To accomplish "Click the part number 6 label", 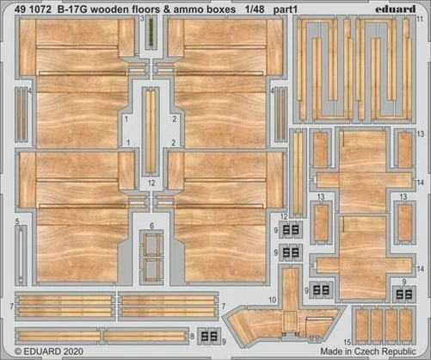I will [152, 226].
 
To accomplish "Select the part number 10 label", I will [273, 299].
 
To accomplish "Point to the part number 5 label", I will [16, 220].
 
